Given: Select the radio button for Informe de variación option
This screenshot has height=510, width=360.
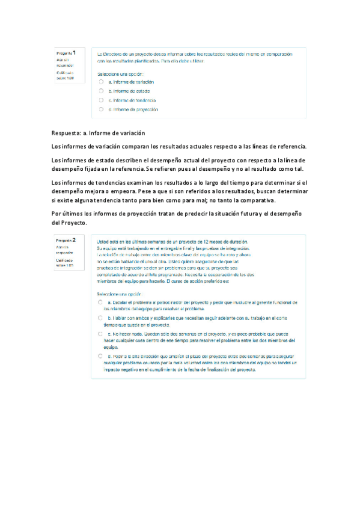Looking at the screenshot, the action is click(x=102, y=82).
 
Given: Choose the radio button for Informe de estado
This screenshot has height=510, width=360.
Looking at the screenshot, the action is click(x=102, y=91).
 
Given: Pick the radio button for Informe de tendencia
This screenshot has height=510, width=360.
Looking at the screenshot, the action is click(x=102, y=100).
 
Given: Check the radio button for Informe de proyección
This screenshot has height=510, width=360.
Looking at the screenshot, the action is click(x=102, y=110).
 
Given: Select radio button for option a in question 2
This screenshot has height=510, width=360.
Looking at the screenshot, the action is click(x=100, y=302).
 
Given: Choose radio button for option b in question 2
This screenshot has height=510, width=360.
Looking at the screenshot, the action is click(x=100, y=317).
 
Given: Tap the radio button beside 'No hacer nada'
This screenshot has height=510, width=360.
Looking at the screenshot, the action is click(x=100, y=333).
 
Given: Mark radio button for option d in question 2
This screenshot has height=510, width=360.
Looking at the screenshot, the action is click(x=100, y=355).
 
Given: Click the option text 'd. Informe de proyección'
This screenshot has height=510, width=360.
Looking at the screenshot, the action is click(x=133, y=110).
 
